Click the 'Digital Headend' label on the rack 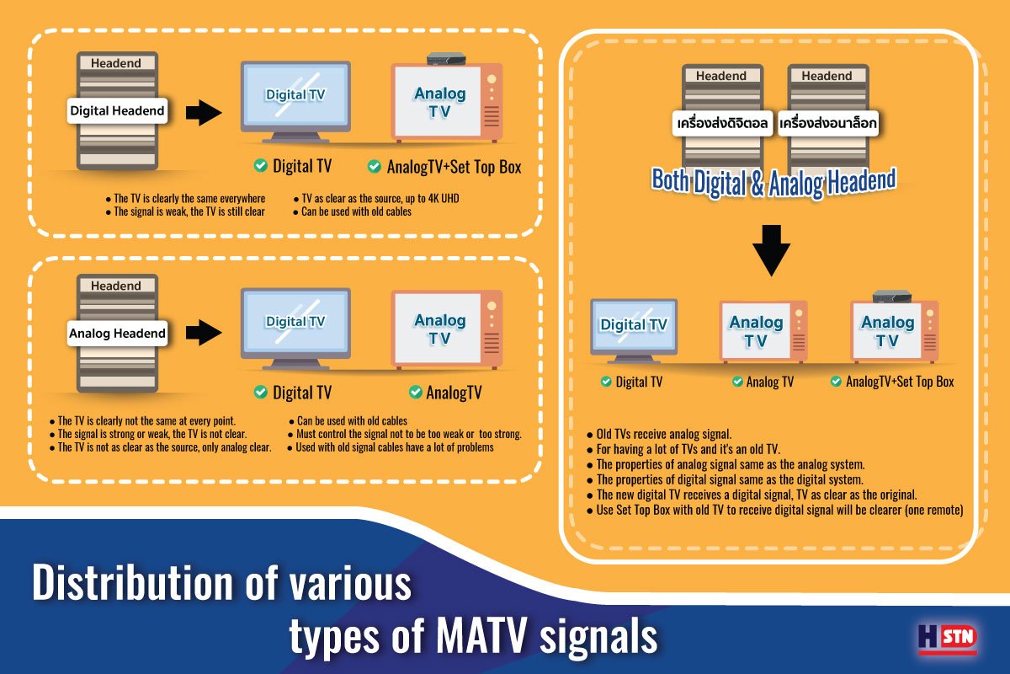click(x=117, y=110)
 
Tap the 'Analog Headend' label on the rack click(x=117, y=334)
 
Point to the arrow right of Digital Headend click(x=203, y=112)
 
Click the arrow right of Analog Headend click(x=203, y=333)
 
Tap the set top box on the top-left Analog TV click(x=446, y=58)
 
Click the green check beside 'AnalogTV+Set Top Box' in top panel click(x=375, y=167)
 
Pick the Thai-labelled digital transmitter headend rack click(x=721, y=117)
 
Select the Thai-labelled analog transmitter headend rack click(x=827, y=117)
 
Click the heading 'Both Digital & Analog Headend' click(x=773, y=181)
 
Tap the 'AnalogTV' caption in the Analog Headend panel click(x=454, y=393)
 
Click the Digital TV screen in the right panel click(x=634, y=325)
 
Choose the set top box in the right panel click(x=893, y=296)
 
